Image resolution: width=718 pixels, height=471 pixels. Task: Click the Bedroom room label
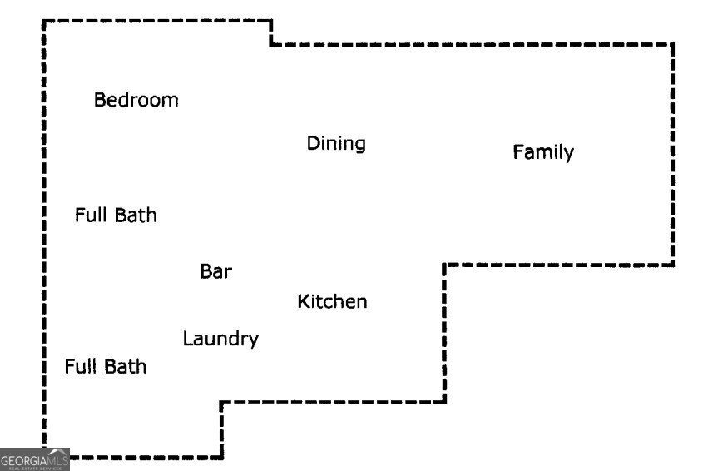coord(136,100)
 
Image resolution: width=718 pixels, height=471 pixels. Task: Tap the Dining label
coord(336,143)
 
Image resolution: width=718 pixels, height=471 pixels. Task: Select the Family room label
coord(542,152)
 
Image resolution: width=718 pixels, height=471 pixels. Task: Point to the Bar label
coord(215,271)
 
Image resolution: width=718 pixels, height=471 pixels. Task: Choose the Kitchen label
coord(332,301)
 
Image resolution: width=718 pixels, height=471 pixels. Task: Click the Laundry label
coord(220,339)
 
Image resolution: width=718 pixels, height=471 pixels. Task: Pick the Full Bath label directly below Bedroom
coord(116,215)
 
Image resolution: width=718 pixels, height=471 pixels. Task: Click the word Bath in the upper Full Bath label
coord(135,215)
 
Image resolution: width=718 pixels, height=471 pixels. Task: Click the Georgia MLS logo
coord(34,459)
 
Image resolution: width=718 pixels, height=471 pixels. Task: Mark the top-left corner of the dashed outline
coord(44,22)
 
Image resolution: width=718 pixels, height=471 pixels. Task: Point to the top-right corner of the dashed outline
coord(672,44)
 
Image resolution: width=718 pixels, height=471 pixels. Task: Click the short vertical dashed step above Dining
coord(271,32)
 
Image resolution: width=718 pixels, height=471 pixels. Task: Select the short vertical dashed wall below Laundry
coord(221,429)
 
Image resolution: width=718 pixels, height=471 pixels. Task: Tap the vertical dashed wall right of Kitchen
coord(445,333)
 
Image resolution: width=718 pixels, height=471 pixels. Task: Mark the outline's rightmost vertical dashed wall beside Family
coord(672,154)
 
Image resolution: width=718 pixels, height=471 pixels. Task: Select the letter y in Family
coord(568,155)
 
